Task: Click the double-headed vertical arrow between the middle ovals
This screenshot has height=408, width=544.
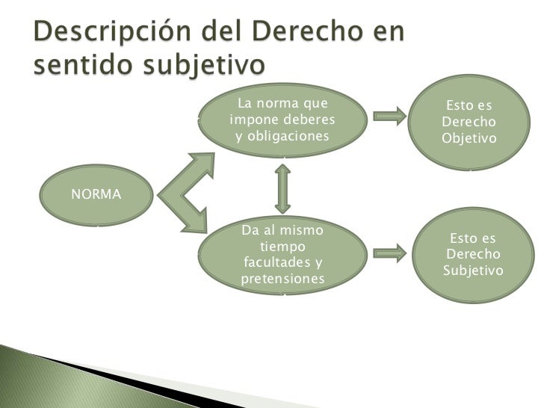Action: point(282,188)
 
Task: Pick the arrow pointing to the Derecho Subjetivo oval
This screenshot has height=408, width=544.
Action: point(388,253)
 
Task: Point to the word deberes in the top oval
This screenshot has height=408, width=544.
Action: point(309,120)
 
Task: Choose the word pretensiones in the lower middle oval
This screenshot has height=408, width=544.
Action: point(284,279)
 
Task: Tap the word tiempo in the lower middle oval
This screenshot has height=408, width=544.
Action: point(282,246)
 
